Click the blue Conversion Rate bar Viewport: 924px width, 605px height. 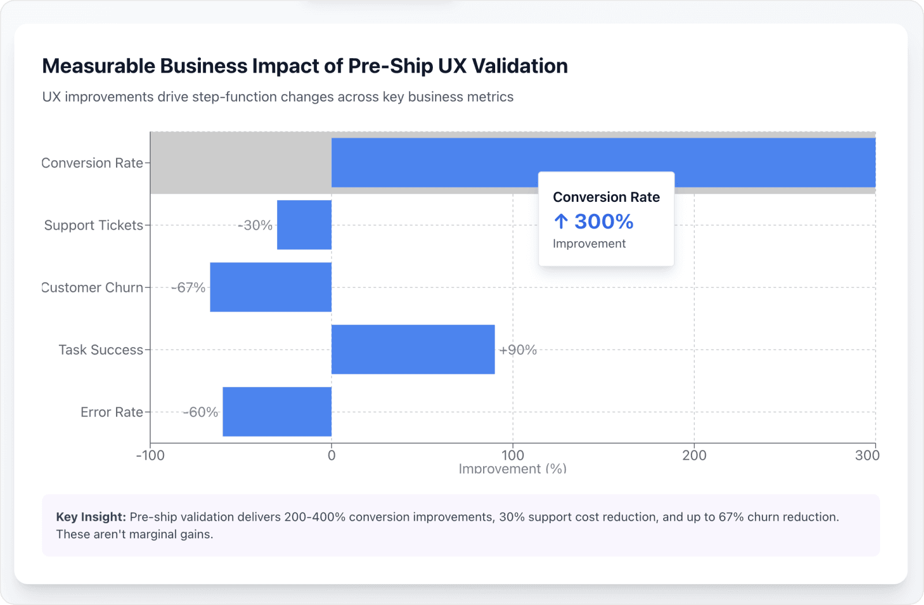(x=433, y=162)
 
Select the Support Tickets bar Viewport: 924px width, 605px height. (x=304, y=225)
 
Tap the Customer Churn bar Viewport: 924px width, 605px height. (x=271, y=287)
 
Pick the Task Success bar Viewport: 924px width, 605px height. (x=413, y=350)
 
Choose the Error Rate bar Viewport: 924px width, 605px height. (x=277, y=412)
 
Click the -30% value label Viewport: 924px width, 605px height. (x=255, y=226)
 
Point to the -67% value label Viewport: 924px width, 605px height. (x=188, y=288)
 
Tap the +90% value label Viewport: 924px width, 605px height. (x=518, y=350)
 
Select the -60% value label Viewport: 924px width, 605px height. (x=200, y=412)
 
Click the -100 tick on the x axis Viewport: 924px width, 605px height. (x=150, y=456)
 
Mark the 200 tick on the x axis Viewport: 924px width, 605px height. (x=694, y=456)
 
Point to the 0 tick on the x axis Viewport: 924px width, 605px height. (x=331, y=456)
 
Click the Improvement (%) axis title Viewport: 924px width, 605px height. (x=512, y=469)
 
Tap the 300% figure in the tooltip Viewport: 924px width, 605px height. (x=604, y=221)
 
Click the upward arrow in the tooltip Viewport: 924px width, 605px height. (x=561, y=221)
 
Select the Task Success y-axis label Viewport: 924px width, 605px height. (x=100, y=350)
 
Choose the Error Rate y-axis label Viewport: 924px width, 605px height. (x=111, y=412)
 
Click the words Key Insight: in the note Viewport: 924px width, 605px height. (x=91, y=517)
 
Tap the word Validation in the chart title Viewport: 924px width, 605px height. (x=519, y=66)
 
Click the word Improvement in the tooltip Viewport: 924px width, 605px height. (x=589, y=244)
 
